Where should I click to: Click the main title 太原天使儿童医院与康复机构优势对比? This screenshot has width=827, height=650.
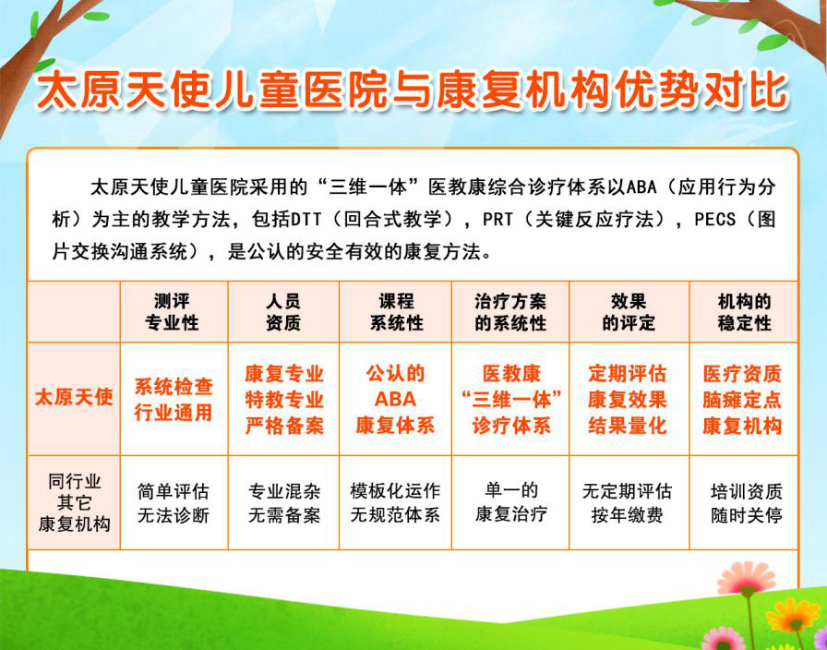click(x=412, y=91)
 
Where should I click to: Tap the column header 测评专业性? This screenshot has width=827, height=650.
click(x=172, y=312)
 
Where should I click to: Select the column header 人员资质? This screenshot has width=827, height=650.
click(x=283, y=312)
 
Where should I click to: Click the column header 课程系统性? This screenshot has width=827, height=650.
click(x=396, y=312)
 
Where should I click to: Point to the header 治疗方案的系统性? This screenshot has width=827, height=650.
click(x=510, y=312)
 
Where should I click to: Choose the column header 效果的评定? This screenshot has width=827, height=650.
click(x=629, y=312)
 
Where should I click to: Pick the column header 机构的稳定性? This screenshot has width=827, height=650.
click(x=744, y=312)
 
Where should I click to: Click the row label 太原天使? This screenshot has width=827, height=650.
click(x=74, y=397)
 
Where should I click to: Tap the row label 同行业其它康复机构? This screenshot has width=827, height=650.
click(x=74, y=503)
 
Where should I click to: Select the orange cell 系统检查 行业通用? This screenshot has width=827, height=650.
click(x=173, y=400)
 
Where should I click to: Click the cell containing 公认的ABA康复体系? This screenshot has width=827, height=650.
click(x=395, y=400)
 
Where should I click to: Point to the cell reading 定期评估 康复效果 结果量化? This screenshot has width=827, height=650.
click(x=627, y=400)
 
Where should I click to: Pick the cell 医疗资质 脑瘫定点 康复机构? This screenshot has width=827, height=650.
click(x=742, y=400)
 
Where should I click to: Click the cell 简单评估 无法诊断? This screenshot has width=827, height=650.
click(x=173, y=503)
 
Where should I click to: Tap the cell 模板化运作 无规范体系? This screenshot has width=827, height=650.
click(x=395, y=503)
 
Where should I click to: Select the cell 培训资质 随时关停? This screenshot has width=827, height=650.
click(x=747, y=503)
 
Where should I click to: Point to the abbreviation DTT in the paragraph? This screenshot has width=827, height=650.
click(x=306, y=220)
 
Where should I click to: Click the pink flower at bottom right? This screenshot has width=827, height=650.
click(x=747, y=579)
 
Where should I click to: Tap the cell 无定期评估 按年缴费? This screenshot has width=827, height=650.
click(x=627, y=503)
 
